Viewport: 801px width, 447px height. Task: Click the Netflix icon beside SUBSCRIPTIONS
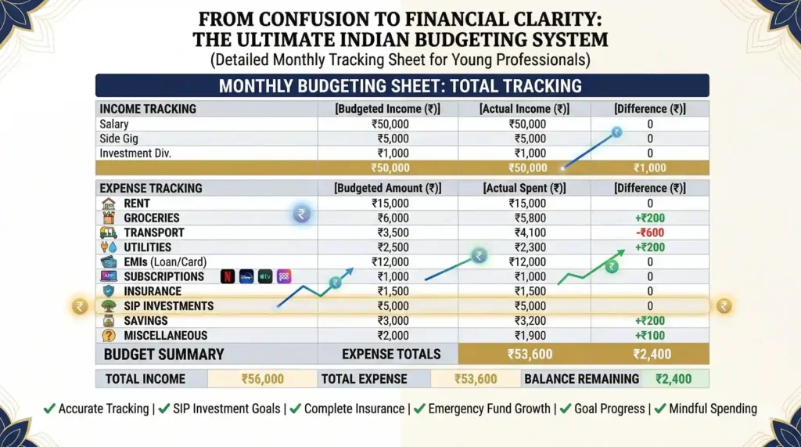tap(228, 276)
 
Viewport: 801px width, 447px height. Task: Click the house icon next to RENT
tap(109, 204)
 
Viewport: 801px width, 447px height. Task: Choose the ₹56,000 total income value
tap(261, 379)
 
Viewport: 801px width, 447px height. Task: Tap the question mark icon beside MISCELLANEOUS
tap(109, 335)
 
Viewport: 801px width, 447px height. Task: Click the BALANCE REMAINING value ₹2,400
tap(675, 379)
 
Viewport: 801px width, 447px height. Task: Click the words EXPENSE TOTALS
tap(391, 354)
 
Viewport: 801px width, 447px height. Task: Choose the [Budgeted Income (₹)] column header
tap(388, 109)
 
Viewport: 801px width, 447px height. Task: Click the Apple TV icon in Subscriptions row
tap(265, 276)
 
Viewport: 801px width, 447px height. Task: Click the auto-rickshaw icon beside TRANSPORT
tap(109, 233)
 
